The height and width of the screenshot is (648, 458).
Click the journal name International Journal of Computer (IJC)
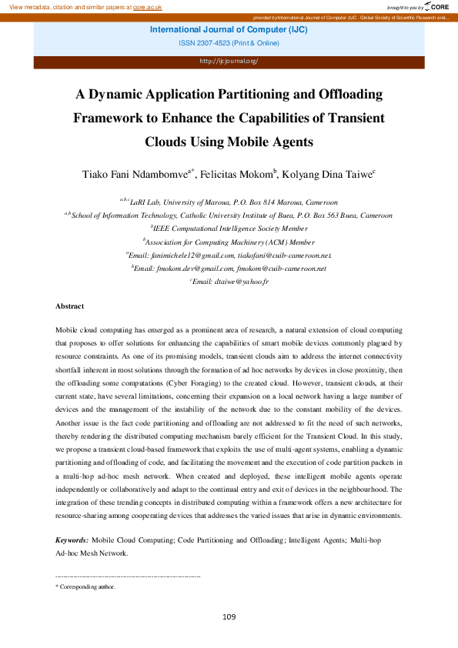[x=229, y=30]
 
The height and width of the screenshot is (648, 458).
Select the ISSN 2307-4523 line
[x=229, y=44]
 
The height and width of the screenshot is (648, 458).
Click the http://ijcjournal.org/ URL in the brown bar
[x=229, y=61]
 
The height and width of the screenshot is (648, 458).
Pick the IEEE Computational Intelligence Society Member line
[x=229, y=229]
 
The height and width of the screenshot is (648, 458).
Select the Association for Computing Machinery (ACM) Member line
[x=229, y=242]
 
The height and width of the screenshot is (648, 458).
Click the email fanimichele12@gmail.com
[x=192, y=255]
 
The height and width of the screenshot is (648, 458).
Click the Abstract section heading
[x=69, y=306]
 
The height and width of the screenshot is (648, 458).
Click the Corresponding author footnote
[x=88, y=586]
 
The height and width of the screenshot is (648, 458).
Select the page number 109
[x=229, y=617]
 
